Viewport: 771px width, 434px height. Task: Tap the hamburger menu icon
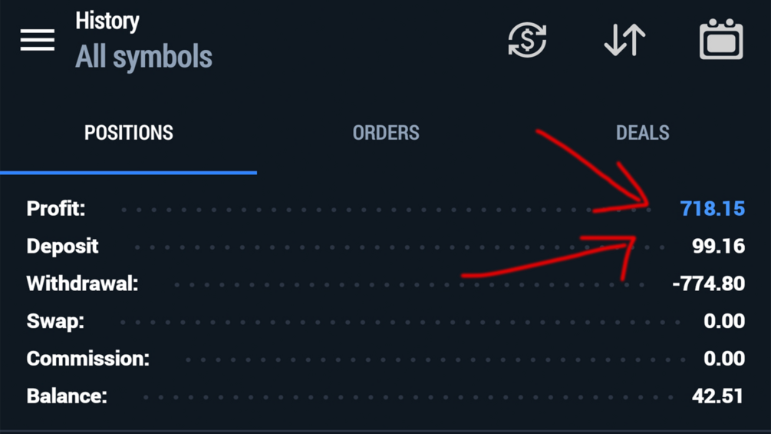click(x=38, y=39)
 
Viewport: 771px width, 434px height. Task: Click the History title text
click(x=107, y=22)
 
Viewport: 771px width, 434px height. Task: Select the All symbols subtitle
click(x=143, y=57)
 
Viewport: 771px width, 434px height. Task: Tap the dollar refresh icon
click(x=527, y=39)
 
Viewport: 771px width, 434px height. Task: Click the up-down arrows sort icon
click(x=624, y=39)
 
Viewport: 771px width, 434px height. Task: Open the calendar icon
click(x=721, y=39)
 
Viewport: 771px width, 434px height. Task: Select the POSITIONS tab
click(x=129, y=133)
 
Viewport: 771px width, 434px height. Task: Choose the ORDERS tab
click(x=386, y=133)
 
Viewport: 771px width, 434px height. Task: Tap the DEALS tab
click(x=643, y=133)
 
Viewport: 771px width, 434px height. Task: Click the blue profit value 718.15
click(x=713, y=209)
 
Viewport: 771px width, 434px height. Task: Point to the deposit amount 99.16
click(x=718, y=246)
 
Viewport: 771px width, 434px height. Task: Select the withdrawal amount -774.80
click(x=709, y=283)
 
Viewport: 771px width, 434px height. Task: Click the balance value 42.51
click(x=717, y=396)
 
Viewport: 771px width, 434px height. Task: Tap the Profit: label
click(x=55, y=209)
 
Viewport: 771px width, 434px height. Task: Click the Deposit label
click(x=62, y=247)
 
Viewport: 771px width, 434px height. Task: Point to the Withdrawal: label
click(x=82, y=283)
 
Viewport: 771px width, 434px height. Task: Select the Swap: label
click(x=55, y=321)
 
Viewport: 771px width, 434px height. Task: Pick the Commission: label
click(x=87, y=359)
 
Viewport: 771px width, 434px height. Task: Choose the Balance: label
click(x=67, y=396)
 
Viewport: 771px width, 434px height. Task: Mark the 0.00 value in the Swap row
click(x=724, y=321)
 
